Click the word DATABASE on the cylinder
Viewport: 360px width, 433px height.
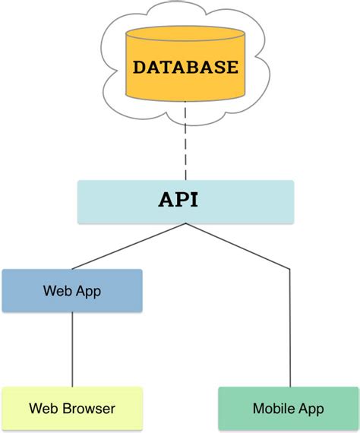185,67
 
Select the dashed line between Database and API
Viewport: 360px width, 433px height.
185,144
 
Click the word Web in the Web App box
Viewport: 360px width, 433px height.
57,291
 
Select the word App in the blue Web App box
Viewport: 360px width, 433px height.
87,291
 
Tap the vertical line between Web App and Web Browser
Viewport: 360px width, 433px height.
72,349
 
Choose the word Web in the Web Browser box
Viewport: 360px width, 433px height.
43,409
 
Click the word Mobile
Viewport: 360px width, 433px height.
273,409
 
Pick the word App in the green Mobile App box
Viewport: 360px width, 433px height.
309,409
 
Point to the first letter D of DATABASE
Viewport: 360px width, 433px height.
140,67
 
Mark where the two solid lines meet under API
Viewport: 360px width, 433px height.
185,224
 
